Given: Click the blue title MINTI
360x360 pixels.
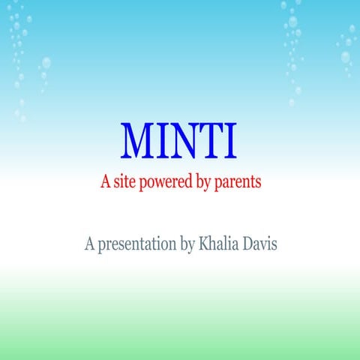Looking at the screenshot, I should [x=179, y=140].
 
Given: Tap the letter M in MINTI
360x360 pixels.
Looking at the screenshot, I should [x=138, y=140].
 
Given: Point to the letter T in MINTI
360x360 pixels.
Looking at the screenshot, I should [x=213, y=140].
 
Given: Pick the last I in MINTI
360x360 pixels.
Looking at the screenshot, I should [x=231, y=140].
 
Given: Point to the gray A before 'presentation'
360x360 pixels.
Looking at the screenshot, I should [x=90, y=243].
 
